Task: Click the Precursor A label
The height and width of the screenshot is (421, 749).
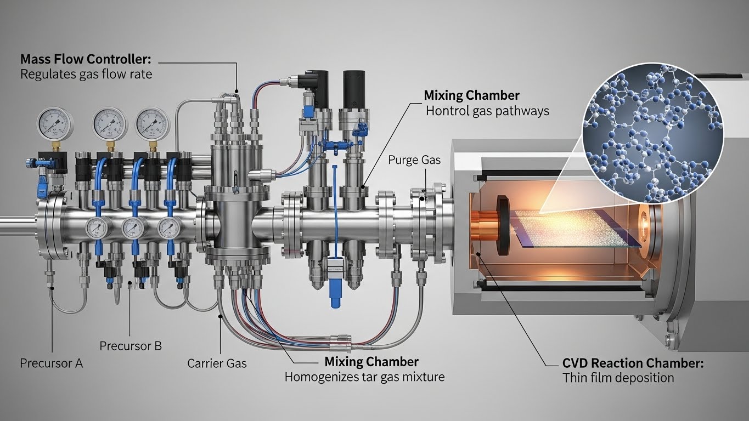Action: coord(52,363)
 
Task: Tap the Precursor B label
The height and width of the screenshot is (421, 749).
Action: coord(131,346)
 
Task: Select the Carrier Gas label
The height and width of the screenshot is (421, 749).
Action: coord(217,363)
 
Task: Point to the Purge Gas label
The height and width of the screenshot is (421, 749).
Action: coord(414,160)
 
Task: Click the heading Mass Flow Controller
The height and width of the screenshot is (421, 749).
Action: coord(85,59)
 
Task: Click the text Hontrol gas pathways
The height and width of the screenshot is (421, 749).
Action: coord(487,111)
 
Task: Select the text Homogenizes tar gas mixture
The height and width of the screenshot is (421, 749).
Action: coord(364,377)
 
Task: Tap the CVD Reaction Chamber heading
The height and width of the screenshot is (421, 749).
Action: coord(633,363)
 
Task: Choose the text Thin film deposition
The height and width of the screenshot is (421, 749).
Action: coord(618,378)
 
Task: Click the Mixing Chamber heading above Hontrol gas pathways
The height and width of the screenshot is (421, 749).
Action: coord(471,95)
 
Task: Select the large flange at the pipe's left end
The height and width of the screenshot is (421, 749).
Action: coord(55,225)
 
